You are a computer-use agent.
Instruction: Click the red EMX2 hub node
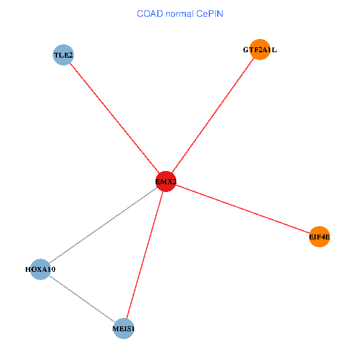(166, 182)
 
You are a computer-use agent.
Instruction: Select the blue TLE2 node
(63, 56)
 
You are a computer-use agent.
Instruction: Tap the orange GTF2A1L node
(260, 50)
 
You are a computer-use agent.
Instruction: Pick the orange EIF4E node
(319, 237)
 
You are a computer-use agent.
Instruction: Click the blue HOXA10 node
(40, 269)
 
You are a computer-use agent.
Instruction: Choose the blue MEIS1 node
(124, 329)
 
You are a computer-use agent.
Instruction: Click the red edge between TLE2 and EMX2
(114, 118)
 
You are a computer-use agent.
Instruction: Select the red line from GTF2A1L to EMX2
(213, 115)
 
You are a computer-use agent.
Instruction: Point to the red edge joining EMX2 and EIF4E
(242, 209)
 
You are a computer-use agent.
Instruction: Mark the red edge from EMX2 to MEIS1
(145, 255)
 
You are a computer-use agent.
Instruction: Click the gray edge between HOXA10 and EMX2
(103, 226)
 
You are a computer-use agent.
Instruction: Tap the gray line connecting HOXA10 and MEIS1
(82, 299)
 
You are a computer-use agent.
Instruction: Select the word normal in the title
(179, 13)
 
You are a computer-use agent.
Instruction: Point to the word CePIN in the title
(209, 13)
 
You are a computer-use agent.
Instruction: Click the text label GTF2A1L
(260, 50)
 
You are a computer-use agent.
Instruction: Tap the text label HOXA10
(40, 269)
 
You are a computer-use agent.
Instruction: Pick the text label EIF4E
(319, 237)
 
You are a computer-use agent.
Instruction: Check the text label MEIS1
(124, 329)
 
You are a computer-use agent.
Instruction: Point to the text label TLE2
(63, 56)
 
